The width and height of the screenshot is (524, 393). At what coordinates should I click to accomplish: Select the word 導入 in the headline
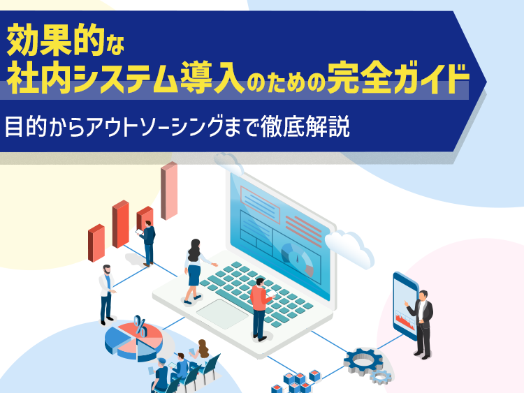click(x=213, y=78)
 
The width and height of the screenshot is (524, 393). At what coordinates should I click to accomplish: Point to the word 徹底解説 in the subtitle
click(x=305, y=126)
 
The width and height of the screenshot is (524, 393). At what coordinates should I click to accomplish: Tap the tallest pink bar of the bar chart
click(x=169, y=191)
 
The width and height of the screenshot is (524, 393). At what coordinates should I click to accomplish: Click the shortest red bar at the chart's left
click(x=96, y=243)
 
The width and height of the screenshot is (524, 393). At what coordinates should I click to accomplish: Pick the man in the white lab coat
click(x=107, y=295)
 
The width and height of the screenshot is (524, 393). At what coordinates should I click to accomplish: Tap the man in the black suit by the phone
click(x=422, y=324)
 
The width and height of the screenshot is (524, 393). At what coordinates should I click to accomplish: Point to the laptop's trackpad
click(x=223, y=313)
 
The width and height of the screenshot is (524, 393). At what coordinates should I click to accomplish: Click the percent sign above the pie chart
click(x=140, y=326)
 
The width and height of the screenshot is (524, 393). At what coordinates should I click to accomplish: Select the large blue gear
click(x=363, y=362)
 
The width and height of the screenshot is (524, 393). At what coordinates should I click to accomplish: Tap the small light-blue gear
click(x=381, y=377)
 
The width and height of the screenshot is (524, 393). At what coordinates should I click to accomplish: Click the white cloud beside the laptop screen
click(x=349, y=247)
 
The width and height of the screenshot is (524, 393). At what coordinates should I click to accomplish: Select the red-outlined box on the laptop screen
click(x=260, y=205)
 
